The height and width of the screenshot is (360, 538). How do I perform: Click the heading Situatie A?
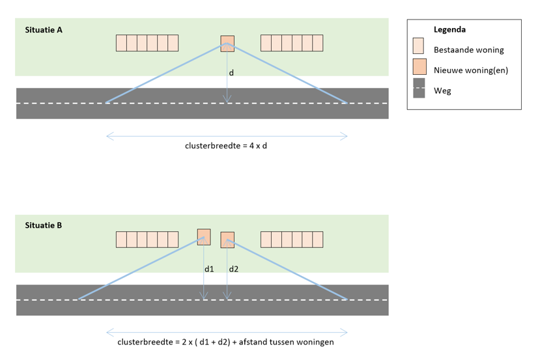tap(44, 29)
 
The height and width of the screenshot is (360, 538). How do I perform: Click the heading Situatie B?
tap(44, 226)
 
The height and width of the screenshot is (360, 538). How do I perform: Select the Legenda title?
tap(449, 29)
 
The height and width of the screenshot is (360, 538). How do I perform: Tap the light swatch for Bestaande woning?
tap(419, 46)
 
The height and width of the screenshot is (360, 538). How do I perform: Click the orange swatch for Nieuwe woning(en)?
tap(419, 67)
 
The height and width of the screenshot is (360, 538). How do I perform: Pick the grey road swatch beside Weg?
tap(419, 89)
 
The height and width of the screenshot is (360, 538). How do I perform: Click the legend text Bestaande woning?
tap(468, 49)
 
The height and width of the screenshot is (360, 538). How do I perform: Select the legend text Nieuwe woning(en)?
tap(470, 70)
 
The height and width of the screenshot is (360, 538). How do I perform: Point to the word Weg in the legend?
tap(442, 91)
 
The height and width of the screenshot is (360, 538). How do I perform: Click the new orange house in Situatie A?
tap(227, 42)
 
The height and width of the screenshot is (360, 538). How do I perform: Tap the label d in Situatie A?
tap(231, 74)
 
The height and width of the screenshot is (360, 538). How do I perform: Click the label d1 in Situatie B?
tap(209, 268)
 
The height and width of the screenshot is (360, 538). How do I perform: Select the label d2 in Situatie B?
tap(233, 268)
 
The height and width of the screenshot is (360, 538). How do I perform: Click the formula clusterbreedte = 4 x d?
tap(226, 146)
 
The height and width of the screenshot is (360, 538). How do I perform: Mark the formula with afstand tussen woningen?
tap(225, 342)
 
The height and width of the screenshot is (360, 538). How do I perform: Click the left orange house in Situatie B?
tap(204, 236)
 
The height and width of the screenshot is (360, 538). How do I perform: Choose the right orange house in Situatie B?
tap(227, 240)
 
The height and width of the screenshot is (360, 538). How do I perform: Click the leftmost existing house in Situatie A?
tap(121, 43)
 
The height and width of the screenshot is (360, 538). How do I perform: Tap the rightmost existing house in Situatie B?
tap(318, 240)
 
